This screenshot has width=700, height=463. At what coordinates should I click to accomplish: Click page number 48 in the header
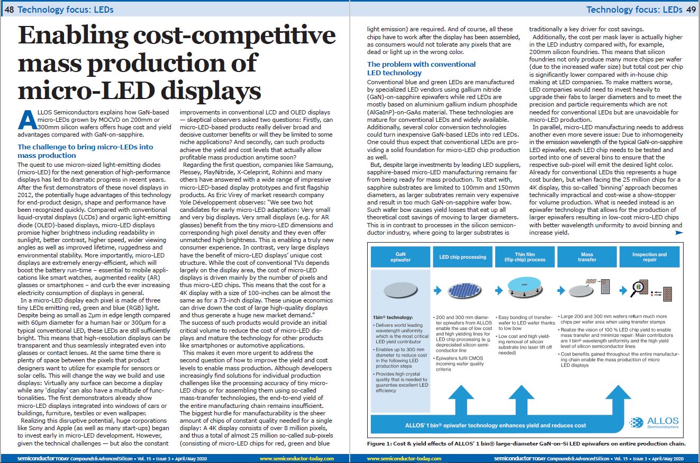tap(9, 10)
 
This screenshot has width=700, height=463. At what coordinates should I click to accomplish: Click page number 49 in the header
tap(691, 10)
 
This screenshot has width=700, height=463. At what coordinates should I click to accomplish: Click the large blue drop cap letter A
tap(28, 120)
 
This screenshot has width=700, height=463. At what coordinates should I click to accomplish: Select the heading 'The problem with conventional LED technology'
tap(421, 68)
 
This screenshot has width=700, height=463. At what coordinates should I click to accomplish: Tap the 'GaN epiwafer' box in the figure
tap(401, 257)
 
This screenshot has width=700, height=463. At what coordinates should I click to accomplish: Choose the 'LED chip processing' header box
tap(462, 257)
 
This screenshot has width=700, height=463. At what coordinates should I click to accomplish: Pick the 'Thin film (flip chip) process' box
tap(525, 257)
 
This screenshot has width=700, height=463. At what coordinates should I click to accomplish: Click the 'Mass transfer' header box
tap(587, 257)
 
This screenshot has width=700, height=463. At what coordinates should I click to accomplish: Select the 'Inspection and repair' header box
tap(649, 257)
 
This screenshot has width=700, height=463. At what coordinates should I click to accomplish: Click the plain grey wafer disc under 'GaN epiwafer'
tap(401, 290)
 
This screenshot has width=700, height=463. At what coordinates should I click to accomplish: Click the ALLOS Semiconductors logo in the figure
tap(654, 422)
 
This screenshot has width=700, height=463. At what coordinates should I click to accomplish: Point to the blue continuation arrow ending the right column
tap(679, 233)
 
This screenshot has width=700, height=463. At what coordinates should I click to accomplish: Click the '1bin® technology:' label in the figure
tap(393, 317)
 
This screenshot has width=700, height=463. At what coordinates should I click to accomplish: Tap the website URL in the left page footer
tap(297, 459)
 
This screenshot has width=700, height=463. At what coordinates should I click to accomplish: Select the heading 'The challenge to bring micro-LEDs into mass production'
tap(85, 151)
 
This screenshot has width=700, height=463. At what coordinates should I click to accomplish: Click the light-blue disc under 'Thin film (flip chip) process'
tap(524, 284)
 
